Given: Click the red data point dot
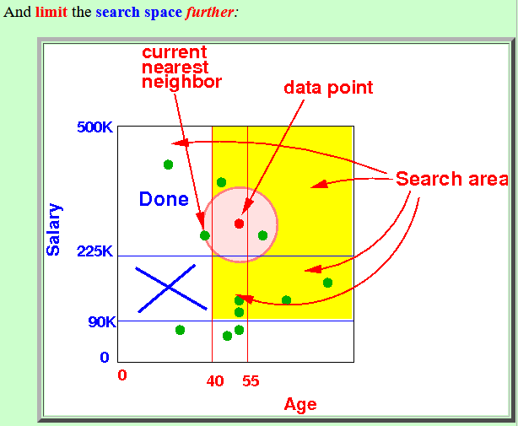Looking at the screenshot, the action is [240, 224].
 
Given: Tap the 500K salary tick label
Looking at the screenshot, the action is [94, 127].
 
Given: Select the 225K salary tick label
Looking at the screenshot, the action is [94, 251].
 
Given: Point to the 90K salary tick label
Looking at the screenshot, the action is [102, 321].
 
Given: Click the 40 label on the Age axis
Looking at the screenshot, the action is [215, 381].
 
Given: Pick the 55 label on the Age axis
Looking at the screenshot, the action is [251, 381].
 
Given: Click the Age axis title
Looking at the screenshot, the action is [300, 405].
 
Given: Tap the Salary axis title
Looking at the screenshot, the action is [53, 229].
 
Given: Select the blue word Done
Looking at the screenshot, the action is [164, 199].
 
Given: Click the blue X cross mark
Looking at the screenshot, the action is [170, 288].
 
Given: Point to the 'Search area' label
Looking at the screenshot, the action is [452, 179].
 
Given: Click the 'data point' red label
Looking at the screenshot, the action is [328, 89].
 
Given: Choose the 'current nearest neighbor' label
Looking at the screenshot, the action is [181, 67].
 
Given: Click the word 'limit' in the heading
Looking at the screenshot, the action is [51, 12].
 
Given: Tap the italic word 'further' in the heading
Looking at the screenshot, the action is [210, 12].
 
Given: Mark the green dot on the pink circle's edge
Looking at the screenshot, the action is [205, 235].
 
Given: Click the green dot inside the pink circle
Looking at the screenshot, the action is [262, 235].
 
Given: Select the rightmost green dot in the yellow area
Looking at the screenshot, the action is [327, 283].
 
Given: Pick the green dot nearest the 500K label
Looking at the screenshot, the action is [168, 164].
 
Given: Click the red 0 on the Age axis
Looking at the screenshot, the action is [122, 375].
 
